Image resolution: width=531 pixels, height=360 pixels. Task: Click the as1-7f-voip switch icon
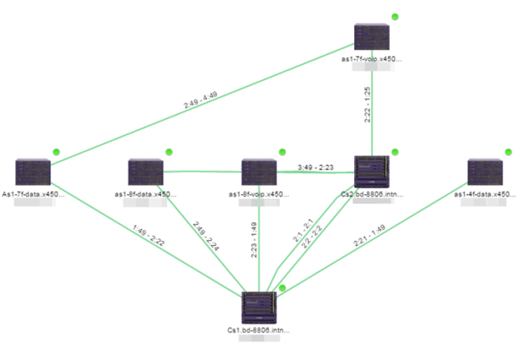pyautogui.click(x=371, y=37)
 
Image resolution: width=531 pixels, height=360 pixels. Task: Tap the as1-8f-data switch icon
pyautogui.click(x=146, y=173)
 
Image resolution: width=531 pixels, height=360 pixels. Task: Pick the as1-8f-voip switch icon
pyautogui.click(x=259, y=173)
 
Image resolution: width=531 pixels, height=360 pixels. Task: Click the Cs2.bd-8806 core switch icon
pyautogui.click(x=371, y=171)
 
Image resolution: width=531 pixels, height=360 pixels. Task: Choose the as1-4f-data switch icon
pyautogui.click(x=484, y=173)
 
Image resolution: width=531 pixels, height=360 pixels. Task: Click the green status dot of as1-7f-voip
pyautogui.click(x=395, y=17)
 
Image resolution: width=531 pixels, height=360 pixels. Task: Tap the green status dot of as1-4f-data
pyautogui.click(x=508, y=151)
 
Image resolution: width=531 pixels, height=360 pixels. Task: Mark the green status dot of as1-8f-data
pyautogui.click(x=168, y=151)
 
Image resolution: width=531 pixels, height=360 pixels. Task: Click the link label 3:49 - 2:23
pyautogui.click(x=316, y=167)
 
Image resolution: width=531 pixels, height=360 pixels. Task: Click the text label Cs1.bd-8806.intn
pyautogui.click(x=260, y=329)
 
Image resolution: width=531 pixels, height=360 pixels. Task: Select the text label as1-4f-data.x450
pyautogui.click(x=484, y=194)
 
